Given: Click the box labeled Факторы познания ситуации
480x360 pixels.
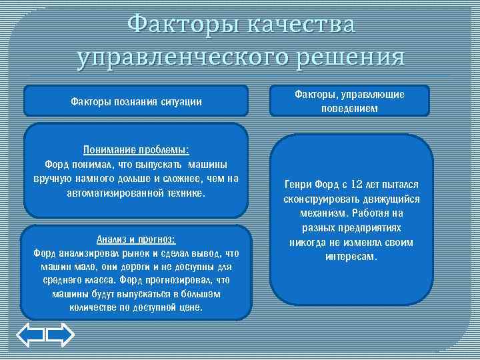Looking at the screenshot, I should pos(136,101).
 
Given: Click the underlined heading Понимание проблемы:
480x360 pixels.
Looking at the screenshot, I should pos(136,149).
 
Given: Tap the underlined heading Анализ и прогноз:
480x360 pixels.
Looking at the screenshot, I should pos(136,239).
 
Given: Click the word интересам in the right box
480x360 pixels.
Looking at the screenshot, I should pos(351,257).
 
